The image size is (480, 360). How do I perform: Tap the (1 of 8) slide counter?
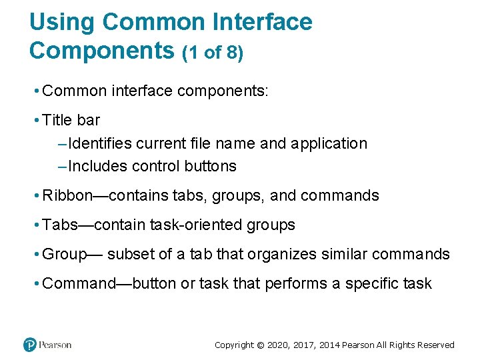point(213,53)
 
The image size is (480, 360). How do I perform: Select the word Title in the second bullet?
point(57,121)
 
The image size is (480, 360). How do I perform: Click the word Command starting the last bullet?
point(79,284)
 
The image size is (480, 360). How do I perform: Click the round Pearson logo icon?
point(29,345)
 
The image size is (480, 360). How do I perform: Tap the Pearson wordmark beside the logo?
point(55,345)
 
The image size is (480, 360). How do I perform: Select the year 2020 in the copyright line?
point(279,345)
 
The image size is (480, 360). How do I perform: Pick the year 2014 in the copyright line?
point(329,345)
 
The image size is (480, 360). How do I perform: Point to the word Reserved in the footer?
point(436,345)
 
